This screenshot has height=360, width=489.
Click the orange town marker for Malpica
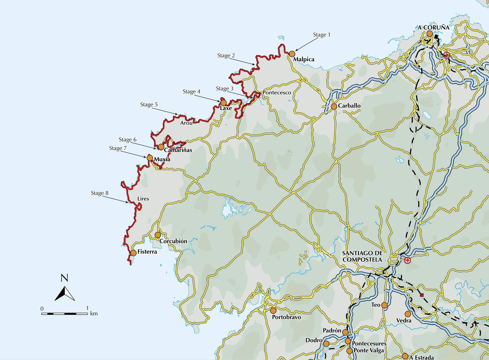point(292,54)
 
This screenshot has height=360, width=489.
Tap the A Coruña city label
point(434,27)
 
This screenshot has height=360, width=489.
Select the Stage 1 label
point(321,35)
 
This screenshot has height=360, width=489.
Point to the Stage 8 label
point(99,193)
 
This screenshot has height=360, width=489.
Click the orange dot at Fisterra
point(133,253)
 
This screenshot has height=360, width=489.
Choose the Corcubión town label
point(173,241)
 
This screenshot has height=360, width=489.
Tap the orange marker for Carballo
point(334,106)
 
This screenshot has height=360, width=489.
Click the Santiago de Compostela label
point(362,256)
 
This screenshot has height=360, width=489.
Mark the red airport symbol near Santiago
point(407,260)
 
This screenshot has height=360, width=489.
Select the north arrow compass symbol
point(65,293)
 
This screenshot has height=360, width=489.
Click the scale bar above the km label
point(65,313)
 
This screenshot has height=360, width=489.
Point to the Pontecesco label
point(277,93)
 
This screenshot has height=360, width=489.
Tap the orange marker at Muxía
point(150,158)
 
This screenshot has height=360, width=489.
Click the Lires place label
point(143,199)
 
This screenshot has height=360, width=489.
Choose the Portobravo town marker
point(273,310)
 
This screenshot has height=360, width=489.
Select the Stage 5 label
point(149,105)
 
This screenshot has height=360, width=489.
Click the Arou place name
point(186,123)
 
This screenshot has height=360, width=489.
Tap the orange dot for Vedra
point(407,314)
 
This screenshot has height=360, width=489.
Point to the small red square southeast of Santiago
point(422,295)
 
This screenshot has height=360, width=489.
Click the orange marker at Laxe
point(223,103)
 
